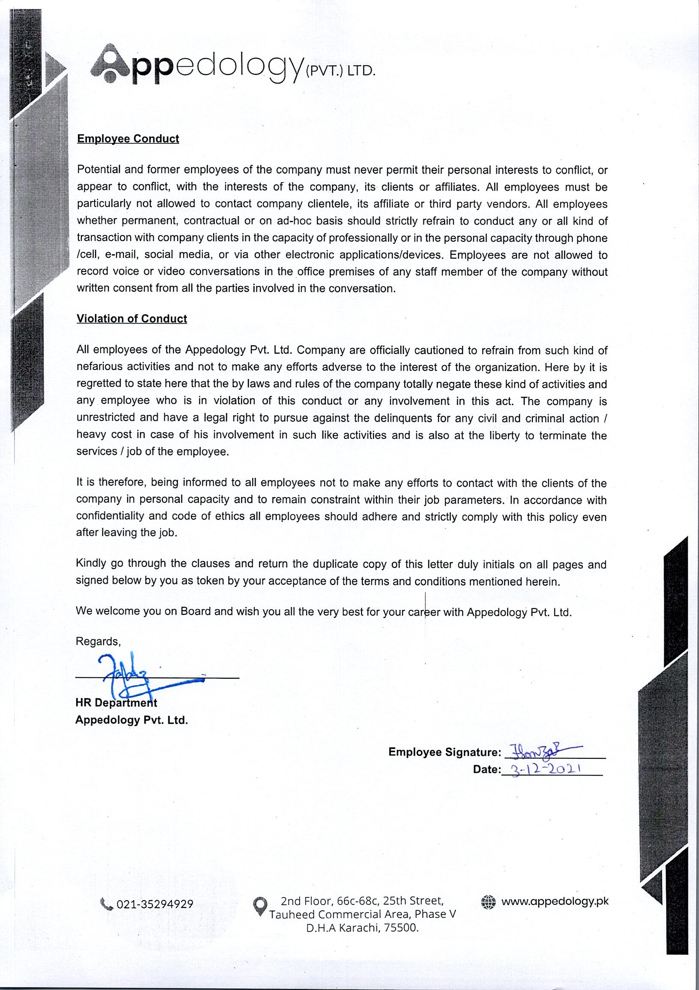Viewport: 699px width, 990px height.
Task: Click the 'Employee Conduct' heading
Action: click(x=128, y=139)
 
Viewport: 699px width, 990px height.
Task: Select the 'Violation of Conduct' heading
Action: click(x=131, y=319)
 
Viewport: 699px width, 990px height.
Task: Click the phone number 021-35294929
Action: click(x=155, y=904)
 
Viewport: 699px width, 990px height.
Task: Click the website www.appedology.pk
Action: click(x=555, y=902)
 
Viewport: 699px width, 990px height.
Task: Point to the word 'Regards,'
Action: click(x=99, y=641)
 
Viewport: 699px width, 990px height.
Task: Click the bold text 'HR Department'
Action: click(x=116, y=703)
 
